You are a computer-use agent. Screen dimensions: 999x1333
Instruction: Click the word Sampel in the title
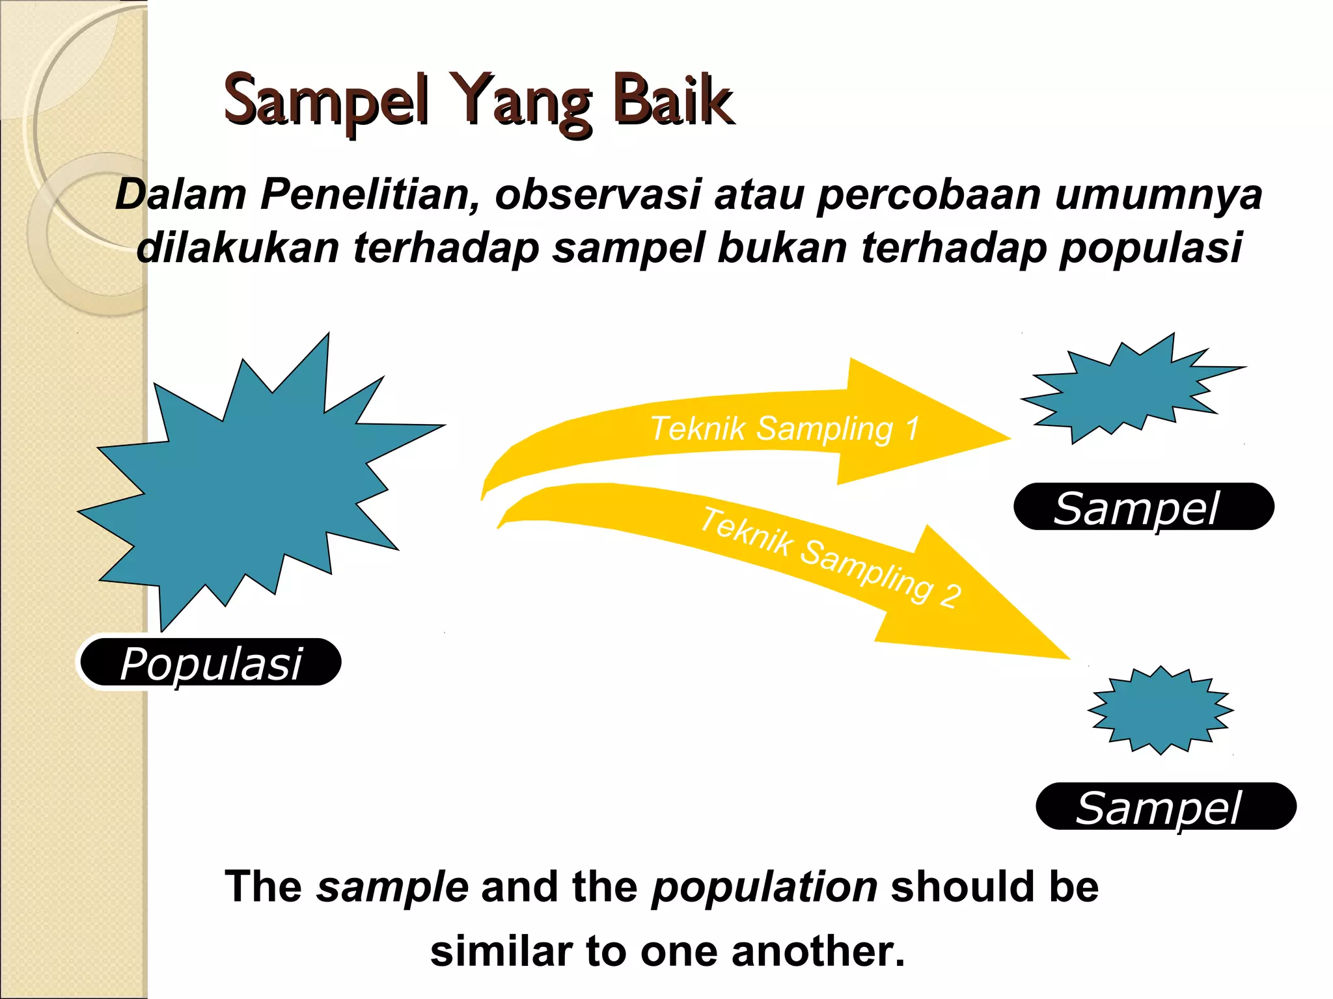325,101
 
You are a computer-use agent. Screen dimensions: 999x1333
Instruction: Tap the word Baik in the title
674,101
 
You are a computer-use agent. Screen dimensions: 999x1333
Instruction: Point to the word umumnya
1159,194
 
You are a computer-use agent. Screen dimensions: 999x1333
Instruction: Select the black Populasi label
210,663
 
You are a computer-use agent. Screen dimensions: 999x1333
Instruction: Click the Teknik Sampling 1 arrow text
784,429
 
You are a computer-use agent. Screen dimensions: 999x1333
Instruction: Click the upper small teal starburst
1126,390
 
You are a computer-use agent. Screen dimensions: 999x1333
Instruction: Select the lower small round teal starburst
1161,710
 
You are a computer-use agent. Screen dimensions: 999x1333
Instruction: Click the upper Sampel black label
1143,507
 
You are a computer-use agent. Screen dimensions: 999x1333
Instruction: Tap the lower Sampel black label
1165,807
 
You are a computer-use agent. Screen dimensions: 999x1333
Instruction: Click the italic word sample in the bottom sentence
392,887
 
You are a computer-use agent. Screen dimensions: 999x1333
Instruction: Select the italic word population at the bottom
765,887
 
